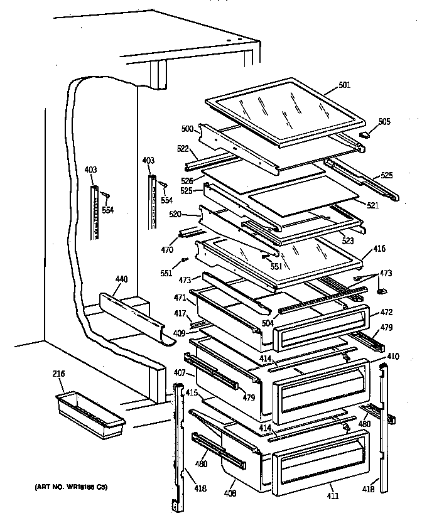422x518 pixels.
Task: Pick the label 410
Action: [x=392, y=357]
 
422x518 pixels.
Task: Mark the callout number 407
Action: [x=179, y=372]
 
